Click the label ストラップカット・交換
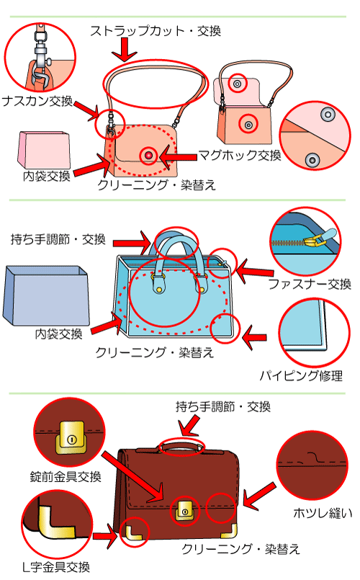(x=156, y=31)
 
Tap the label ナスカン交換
(x=37, y=101)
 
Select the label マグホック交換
(x=240, y=155)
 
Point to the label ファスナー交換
(x=310, y=284)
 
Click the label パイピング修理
(x=301, y=375)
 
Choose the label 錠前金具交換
(x=66, y=476)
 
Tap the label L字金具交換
(x=56, y=567)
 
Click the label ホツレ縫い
(x=323, y=513)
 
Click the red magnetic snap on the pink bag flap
(x=148, y=155)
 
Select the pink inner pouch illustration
(x=44, y=150)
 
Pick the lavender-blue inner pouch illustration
(x=46, y=295)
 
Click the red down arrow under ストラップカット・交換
(x=125, y=49)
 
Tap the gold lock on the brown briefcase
(x=185, y=511)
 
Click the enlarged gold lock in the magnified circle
(x=71, y=438)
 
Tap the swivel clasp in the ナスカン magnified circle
(x=40, y=55)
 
